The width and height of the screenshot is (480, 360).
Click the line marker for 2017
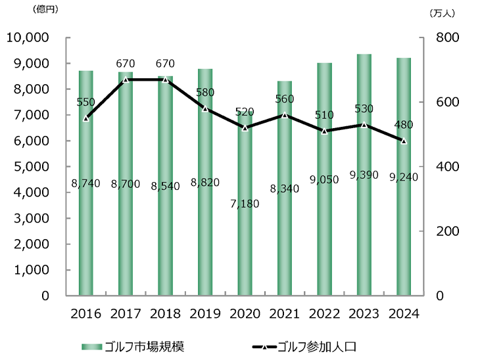coord(126,79)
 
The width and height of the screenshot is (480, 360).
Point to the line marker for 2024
coord(404,141)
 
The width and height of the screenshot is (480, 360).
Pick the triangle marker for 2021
coord(284,115)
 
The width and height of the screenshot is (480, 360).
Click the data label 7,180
coord(245,204)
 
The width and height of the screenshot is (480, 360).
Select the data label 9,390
coord(364,175)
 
